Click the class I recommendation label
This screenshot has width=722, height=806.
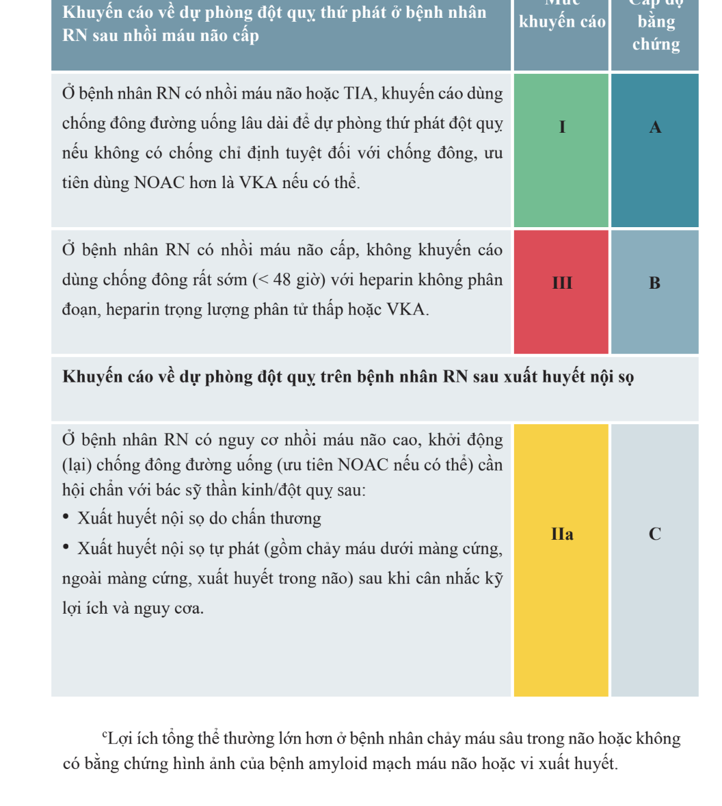coord(562,127)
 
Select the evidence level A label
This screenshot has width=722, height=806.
coord(655,127)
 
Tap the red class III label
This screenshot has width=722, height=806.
coord(562,283)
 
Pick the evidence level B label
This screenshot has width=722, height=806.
coord(654,283)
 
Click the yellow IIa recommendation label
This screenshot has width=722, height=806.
coord(562,534)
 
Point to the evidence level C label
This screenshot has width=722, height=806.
coord(654,534)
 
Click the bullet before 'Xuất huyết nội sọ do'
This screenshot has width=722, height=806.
coord(66,518)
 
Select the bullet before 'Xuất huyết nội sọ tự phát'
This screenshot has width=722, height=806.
coord(66,548)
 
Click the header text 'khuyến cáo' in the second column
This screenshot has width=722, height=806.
coord(562,22)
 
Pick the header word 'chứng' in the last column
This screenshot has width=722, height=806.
coord(656,44)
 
